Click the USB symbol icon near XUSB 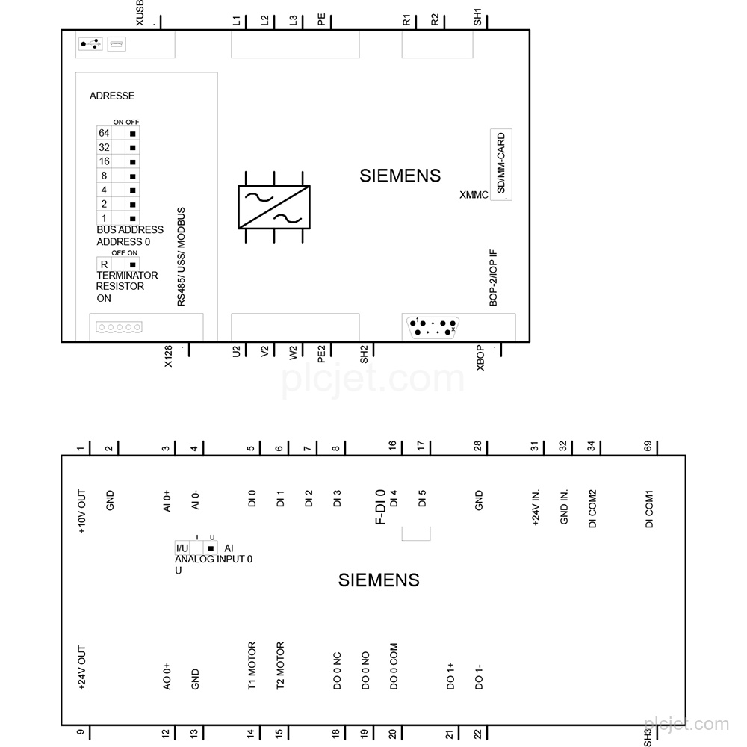coord(90,44)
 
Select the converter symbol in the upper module coord(274,207)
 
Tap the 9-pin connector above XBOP coord(433,327)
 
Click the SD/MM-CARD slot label coord(500,164)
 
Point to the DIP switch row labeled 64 coord(118,134)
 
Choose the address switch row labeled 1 coord(118,219)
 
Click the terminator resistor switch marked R coord(118,264)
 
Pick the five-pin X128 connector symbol coord(119,327)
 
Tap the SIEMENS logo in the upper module coord(400,176)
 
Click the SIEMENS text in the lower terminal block coord(379,580)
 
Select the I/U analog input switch coord(196,548)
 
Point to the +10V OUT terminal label coord(81,511)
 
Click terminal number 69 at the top coord(648,447)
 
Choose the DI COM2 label coord(592,508)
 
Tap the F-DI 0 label coord(380,507)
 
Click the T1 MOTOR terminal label coord(252,666)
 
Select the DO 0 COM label coord(394,666)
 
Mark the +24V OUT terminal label coord(81,668)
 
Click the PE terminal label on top coord(321,19)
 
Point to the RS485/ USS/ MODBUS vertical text coord(181,257)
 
